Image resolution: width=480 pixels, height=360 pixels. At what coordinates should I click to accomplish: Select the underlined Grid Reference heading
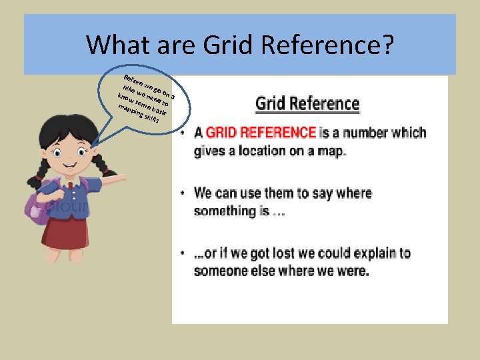(307, 104)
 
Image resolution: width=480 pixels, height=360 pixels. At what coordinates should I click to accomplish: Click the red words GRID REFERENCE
(261, 132)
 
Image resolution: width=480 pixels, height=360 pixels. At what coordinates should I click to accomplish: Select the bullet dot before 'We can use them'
(183, 194)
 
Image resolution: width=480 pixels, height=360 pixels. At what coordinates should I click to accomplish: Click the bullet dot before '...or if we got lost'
(183, 254)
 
